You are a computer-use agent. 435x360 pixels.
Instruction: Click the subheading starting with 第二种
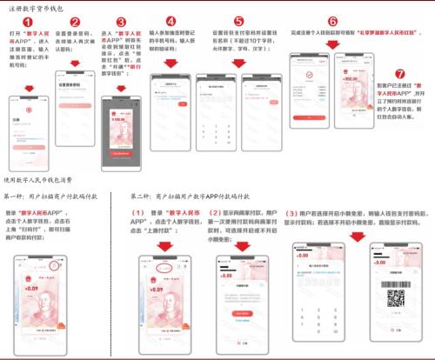pos(184,198)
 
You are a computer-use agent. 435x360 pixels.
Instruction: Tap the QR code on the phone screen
pos(397,300)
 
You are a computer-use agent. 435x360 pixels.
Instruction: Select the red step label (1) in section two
pos(137,213)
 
